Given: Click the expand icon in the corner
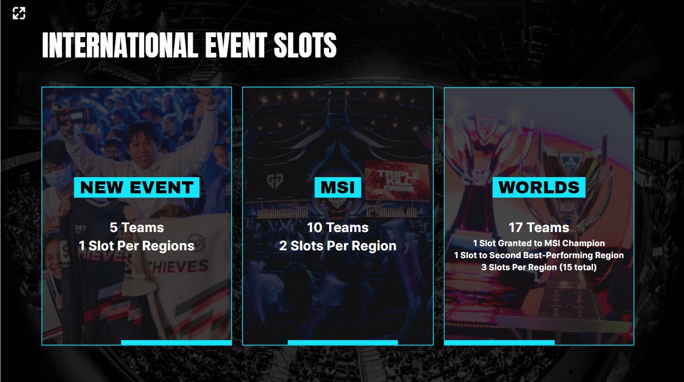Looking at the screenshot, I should pyautogui.click(x=19, y=14).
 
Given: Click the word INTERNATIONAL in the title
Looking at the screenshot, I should pyautogui.click(x=119, y=45).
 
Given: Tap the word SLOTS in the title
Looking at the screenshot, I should pyautogui.click(x=305, y=45).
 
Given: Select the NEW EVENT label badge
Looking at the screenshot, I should pyautogui.click(x=136, y=188).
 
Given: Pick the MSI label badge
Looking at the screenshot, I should pyautogui.click(x=338, y=188).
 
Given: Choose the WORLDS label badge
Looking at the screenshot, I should pyautogui.click(x=539, y=188).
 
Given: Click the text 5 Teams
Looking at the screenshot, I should pyautogui.click(x=136, y=228).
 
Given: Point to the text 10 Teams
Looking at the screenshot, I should pyautogui.click(x=338, y=228).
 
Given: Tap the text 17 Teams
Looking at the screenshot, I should pyautogui.click(x=539, y=228).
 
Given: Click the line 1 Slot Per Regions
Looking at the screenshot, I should pyautogui.click(x=136, y=246).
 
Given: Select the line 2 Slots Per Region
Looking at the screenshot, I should pyautogui.click(x=338, y=246).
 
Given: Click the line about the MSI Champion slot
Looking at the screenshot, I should pyautogui.click(x=539, y=244).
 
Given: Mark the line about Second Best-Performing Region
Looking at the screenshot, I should pyautogui.click(x=539, y=256).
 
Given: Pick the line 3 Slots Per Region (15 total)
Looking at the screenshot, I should pyautogui.click(x=539, y=268).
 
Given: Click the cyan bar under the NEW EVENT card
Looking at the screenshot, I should pyautogui.click(x=176, y=343).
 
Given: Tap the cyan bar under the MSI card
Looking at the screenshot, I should pyautogui.click(x=342, y=343).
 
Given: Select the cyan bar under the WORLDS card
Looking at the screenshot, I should pyautogui.click(x=499, y=343).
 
